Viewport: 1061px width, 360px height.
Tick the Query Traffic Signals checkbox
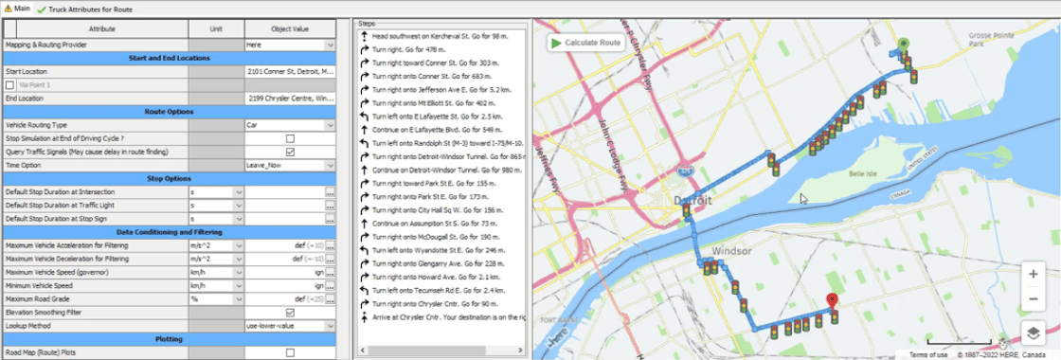point(290,152)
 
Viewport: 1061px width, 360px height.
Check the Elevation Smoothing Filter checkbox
point(290,312)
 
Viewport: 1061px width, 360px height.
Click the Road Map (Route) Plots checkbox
point(290,352)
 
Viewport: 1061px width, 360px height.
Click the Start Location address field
point(288,71)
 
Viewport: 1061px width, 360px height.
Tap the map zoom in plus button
point(1033,273)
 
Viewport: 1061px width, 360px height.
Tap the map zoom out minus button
point(1033,299)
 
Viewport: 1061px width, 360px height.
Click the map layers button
point(1033,333)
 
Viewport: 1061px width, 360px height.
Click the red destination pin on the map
point(832,300)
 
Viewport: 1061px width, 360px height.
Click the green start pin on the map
point(903,44)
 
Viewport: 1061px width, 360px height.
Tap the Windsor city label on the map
point(733,252)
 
